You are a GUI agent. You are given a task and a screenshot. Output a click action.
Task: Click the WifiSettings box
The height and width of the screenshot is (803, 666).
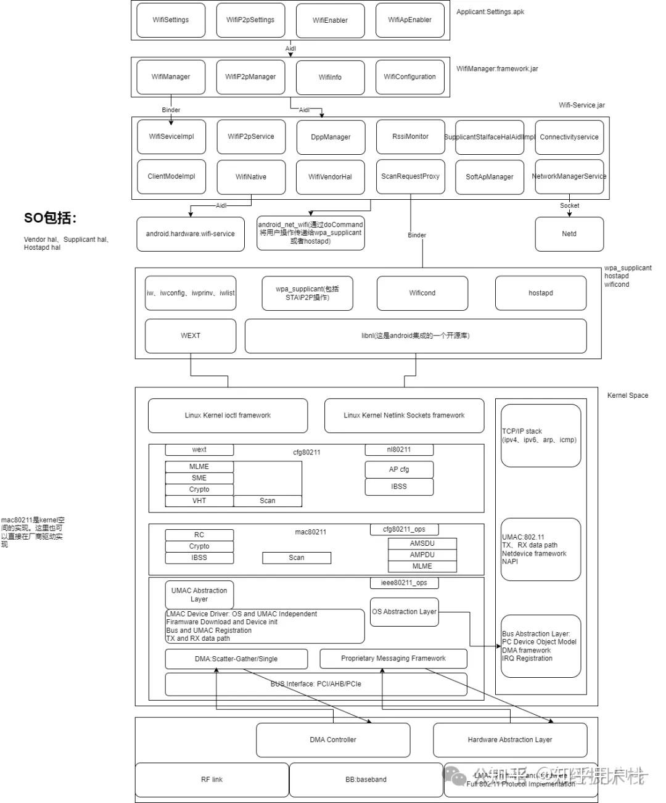[171, 20]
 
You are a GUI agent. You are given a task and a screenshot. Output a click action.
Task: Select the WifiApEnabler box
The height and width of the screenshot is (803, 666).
[409, 20]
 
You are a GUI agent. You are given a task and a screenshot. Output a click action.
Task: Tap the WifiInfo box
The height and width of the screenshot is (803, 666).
[330, 77]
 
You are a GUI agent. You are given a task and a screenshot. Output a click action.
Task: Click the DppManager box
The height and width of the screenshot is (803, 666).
[331, 137]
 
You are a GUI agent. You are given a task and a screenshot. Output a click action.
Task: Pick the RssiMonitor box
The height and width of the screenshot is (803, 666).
[410, 136]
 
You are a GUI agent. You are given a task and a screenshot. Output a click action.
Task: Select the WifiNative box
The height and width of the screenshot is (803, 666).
[251, 176]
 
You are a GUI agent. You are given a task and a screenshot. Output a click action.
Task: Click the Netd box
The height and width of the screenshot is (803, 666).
[569, 234]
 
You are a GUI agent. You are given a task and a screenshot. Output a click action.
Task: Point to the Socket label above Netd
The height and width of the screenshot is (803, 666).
[569, 205]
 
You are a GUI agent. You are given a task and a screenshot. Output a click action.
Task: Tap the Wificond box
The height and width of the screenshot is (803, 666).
[422, 293]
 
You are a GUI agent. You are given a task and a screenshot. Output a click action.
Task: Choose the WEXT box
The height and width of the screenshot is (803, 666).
[191, 336]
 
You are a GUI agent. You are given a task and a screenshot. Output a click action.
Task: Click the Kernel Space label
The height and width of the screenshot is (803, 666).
[627, 395]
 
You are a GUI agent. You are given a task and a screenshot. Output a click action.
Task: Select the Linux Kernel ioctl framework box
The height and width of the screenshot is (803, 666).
[228, 415]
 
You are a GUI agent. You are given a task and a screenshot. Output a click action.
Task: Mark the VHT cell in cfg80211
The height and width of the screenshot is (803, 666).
[199, 501]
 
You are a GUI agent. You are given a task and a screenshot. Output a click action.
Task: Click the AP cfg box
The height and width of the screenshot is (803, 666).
[399, 469]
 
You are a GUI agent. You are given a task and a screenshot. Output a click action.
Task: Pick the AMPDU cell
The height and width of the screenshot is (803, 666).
[422, 554]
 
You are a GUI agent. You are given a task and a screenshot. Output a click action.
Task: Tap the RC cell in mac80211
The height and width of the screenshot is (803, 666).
[199, 535]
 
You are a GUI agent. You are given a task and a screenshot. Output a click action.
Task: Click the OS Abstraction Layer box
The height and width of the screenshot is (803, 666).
[404, 612]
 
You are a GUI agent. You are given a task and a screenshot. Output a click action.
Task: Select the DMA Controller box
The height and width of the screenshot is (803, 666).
[333, 739]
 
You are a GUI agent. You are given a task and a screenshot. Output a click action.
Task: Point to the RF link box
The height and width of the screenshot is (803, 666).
[212, 780]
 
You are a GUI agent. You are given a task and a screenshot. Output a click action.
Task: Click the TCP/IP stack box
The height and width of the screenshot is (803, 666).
[541, 435]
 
